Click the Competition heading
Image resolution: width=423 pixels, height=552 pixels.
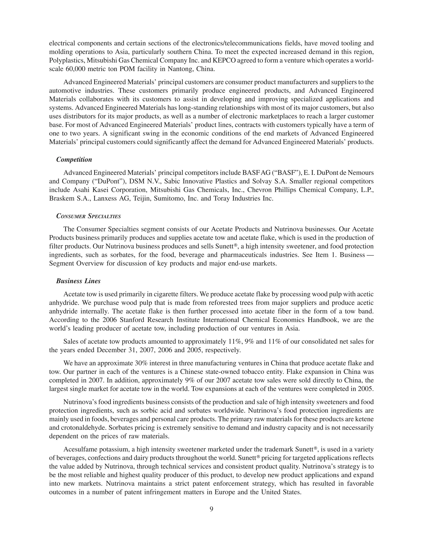point(74,159)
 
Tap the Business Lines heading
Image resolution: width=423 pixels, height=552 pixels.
point(78,281)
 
